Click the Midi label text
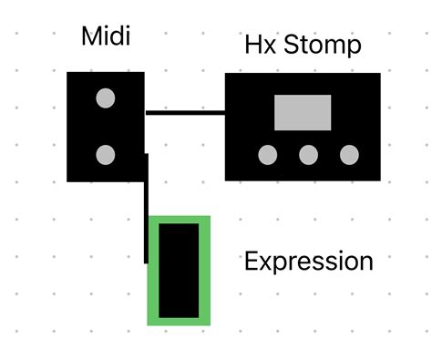click(x=105, y=36)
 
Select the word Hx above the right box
click(x=257, y=45)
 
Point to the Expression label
click(x=309, y=262)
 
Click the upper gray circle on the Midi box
click(x=106, y=98)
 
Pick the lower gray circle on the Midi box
click(x=106, y=154)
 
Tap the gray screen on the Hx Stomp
click(x=303, y=112)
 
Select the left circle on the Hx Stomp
click(x=268, y=155)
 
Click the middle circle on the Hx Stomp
click(x=309, y=155)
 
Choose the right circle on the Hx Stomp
click(x=349, y=155)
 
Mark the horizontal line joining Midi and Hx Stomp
click(x=185, y=113)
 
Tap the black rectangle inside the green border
click(x=179, y=271)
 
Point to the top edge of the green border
click(x=179, y=220)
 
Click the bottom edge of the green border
click(x=179, y=321)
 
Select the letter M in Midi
click(x=90, y=36)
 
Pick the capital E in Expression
click(x=251, y=262)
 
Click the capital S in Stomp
click(x=290, y=45)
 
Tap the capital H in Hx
click(x=252, y=45)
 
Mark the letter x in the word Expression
click(x=264, y=262)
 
